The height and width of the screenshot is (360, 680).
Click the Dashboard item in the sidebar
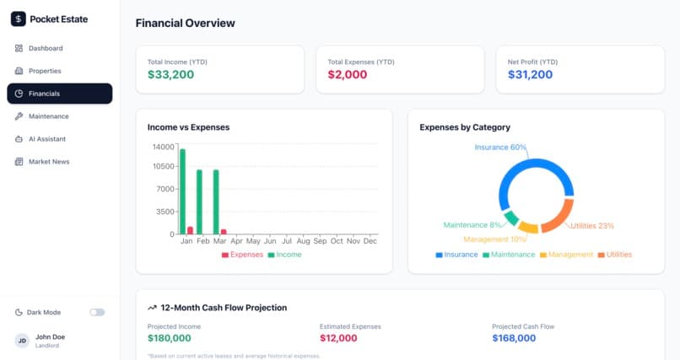39,48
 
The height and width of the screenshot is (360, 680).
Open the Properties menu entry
38,71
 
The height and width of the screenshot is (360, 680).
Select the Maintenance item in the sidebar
41,116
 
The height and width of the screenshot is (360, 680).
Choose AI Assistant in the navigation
40,139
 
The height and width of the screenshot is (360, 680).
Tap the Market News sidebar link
41,162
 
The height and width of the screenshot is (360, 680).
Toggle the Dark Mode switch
97,312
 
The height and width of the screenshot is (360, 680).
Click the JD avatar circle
22,341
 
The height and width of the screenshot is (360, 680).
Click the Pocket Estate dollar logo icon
19,19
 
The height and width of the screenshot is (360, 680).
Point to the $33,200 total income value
171,74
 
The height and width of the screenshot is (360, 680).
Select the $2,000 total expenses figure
348,74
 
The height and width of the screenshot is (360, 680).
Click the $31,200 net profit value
530,74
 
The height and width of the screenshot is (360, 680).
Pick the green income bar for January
182,191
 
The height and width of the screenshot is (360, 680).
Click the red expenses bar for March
224,232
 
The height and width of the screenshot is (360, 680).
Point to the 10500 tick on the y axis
163,166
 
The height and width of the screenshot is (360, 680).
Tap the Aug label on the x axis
303,241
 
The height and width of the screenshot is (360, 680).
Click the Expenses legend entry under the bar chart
242,255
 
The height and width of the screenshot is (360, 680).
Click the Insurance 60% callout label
500,148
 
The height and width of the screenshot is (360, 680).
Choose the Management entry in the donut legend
566,255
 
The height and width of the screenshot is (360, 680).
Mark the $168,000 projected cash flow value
514,338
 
